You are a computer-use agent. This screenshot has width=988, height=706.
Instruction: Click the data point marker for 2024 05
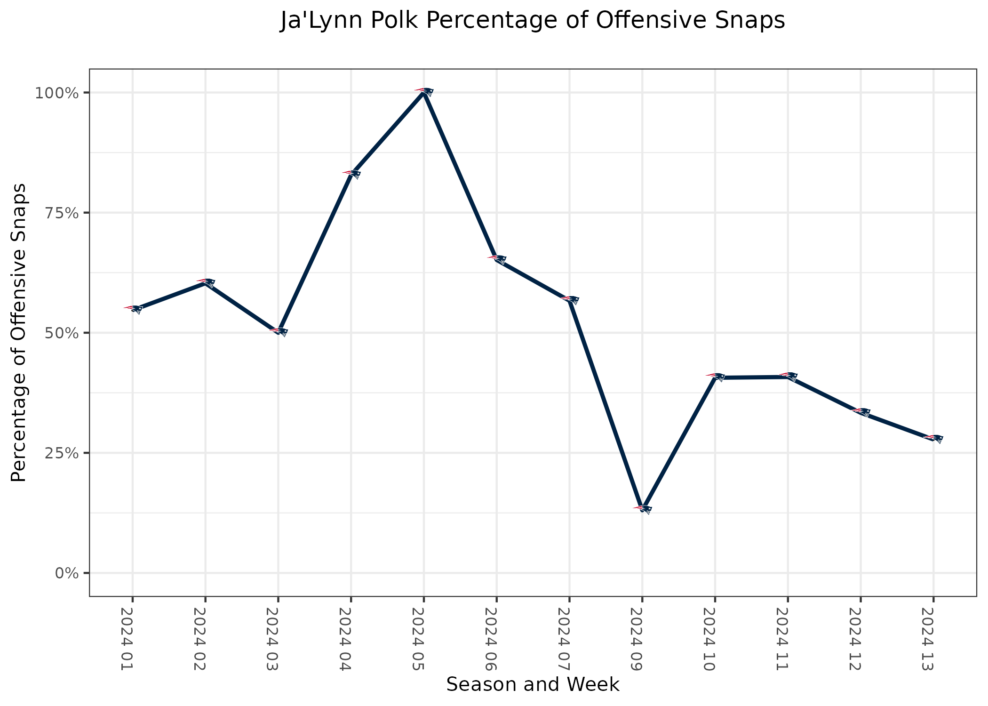click(424, 92)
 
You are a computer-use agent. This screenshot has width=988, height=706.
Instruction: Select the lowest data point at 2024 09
click(643, 509)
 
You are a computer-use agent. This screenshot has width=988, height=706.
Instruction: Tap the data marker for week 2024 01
click(133, 309)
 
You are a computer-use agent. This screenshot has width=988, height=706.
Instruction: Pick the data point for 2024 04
click(351, 174)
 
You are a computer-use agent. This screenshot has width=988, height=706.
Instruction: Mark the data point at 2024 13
click(933, 439)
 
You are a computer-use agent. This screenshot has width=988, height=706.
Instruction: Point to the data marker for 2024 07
click(570, 300)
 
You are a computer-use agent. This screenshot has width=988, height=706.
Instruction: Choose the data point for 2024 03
click(279, 331)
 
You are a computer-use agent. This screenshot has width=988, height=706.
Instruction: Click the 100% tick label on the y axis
click(56, 93)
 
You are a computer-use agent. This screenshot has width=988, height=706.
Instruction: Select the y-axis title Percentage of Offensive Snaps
click(19, 333)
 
